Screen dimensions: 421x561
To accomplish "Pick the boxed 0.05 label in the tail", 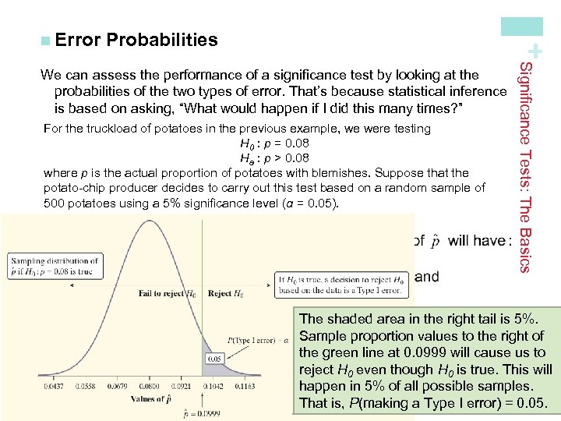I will [x=216, y=358].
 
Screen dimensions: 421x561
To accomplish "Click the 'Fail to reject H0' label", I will [x=167, y=294].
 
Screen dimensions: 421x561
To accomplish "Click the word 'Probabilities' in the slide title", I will [x=162, y=40].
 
